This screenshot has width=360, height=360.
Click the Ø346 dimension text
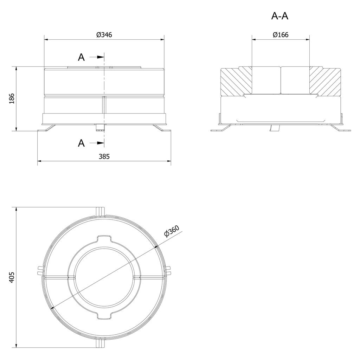click(104, 35)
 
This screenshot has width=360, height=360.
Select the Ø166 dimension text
click(281, 35)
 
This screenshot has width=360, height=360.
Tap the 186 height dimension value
click(12, 98)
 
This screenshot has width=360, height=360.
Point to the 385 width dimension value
click(104, 156)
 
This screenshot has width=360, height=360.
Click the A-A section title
click(280, 16)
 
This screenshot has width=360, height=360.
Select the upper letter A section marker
click(81, 57)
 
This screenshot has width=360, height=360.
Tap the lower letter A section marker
click(81, 143)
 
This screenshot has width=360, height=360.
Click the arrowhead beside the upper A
click(101, 57)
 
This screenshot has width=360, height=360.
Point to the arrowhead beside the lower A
click(101, 143)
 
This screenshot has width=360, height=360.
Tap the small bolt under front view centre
click(100, 127)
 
